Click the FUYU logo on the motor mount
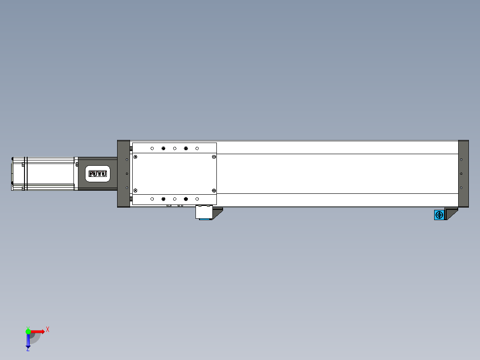pyautogui.click(x=98, y=174)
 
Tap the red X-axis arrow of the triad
pyautogui.click(x=38, y=331)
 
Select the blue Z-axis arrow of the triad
pyautogui.click(x=28, y=340)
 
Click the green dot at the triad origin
pyautogui.click(x=28, y=331)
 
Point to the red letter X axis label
pyautogui.click(x=48, y=330)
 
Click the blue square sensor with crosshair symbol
pyautogui.click(x=439, y=215)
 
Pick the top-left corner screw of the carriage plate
pyautogui.click(x=135, y=157)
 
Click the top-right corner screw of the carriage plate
pyautogui.click(x=214, y=157)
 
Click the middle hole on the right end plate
pyautogui.click(x=461, y=174)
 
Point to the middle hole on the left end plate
pyautogui.click(x=127, y=174)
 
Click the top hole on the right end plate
pyautogui.click(x=461, y=160)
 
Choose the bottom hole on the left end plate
pyautogui.click(x=127, y=188)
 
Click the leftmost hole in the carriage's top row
pyautogui.click(x=152, y=148)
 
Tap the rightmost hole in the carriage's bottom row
pyautogui.click(x=197, y=199)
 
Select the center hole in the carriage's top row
pyautogui.click(x=175, y=148)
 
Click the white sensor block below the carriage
pyautogui.click(x=204, y=212)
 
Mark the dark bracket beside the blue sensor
pyautogui.click(x=451, y=213)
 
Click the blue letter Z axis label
pyautogui.click(x=28, y=350)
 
